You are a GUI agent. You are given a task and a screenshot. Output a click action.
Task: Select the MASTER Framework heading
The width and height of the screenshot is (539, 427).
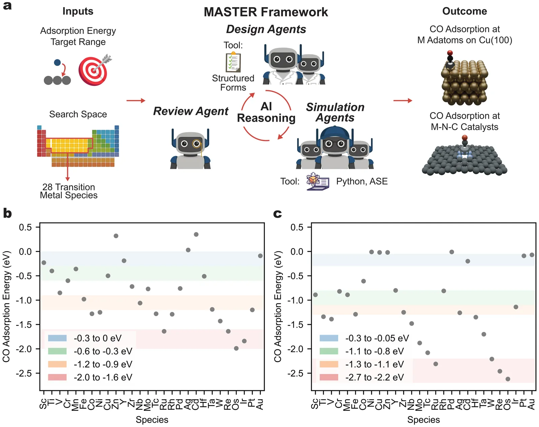coord(266,12)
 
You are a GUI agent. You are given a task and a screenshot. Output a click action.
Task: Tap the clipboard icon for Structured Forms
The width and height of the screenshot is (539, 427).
coord(233,62)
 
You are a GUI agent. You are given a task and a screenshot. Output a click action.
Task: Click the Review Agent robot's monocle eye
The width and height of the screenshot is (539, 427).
coord(196,144)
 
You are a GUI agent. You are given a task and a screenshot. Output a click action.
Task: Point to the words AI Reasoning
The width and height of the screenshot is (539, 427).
coord(266,112)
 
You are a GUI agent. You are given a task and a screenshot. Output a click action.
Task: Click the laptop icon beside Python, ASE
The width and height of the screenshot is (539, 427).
coord(318,182)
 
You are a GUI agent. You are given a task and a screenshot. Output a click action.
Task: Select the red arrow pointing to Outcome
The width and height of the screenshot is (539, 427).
coord(403,100)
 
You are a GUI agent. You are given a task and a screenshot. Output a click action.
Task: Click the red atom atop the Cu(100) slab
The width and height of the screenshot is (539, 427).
coord(450,53)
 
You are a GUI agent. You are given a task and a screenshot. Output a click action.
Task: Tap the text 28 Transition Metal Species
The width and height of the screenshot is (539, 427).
coord(69,191)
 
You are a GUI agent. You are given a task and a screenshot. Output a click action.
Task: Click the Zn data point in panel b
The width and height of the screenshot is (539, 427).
coord(116,236)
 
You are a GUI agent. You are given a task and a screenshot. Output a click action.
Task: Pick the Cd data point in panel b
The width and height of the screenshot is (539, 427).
coord(196,234)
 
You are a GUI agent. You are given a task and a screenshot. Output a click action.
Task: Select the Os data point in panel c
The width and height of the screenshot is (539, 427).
coord(508,379)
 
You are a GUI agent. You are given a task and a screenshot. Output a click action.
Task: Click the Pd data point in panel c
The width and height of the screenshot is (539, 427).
coord(452,252)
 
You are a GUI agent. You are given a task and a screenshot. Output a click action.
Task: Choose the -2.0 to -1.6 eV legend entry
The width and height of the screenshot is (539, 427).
coord(103,377)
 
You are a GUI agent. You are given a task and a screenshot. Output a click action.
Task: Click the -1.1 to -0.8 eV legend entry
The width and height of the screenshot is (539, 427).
coord(374,351)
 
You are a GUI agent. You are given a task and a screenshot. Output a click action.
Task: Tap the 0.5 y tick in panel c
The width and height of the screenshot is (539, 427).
coord(297,227)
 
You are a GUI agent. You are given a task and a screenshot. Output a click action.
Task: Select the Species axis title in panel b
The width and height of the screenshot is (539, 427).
coord(152,420)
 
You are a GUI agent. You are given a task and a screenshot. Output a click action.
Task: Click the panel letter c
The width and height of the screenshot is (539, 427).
coord(277,214)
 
